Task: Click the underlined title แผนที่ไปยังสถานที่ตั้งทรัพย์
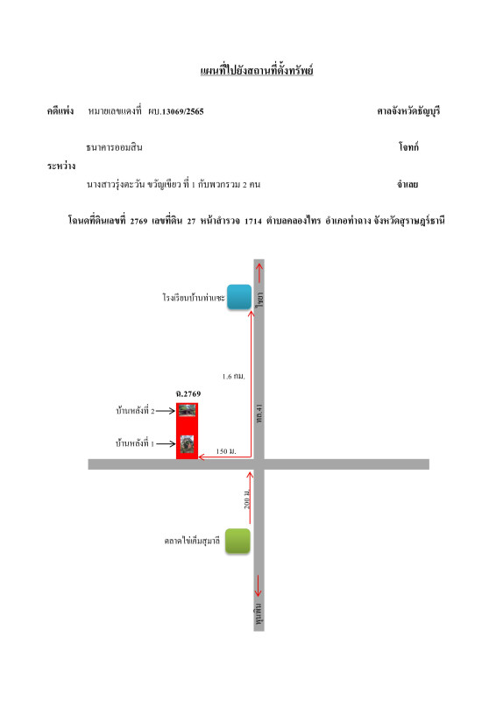pos(257,70)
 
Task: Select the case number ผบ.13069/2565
pos(176,111)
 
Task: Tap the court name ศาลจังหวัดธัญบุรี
pos(408,111)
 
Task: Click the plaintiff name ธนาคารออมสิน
pos(114,147)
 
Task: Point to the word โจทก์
pos(408,146)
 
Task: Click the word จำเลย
pos(407,184)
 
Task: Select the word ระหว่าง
pos(61,166)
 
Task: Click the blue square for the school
pos(239,297)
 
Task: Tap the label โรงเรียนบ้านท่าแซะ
pos(193,297)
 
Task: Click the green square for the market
pos(237,541)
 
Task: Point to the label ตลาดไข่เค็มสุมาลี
pos(192,541)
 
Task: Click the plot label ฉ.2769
pos(188,393)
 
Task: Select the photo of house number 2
pos(187,410)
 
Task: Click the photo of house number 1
pos(187,444)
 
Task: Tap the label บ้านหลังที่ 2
pos(135,410)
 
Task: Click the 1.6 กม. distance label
pos(233,377)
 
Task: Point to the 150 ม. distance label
pos(226,451)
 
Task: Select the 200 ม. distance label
pos(247,499)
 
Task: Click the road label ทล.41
pos(259,414)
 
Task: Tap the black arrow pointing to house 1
pos(166,444)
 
